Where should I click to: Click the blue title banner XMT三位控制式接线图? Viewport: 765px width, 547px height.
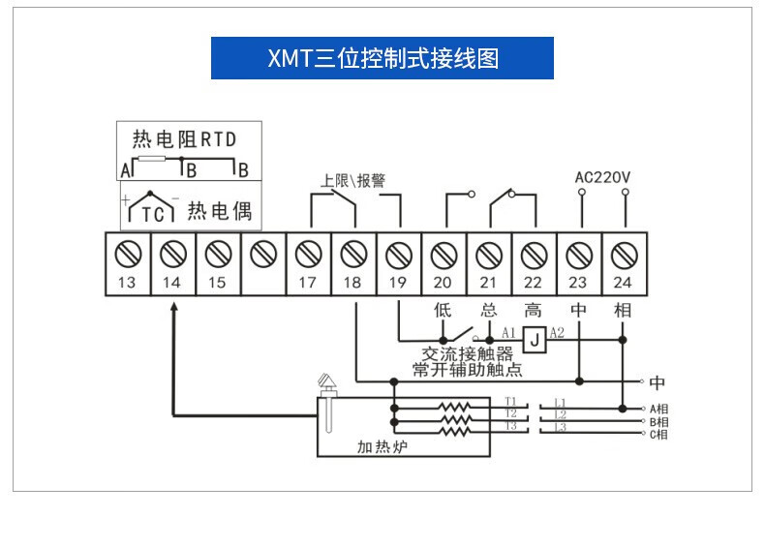pos(382,58)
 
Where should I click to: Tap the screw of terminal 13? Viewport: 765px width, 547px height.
pos(127,254)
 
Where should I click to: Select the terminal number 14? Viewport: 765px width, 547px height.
pos(171,283)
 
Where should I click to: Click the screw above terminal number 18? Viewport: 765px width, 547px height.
pos(352,254)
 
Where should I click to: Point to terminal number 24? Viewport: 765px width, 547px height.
pos(623,283)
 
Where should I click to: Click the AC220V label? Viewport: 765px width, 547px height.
pos(602,177)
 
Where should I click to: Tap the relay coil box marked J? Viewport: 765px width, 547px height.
pos(533,339)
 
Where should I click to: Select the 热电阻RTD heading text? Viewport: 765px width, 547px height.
pos(184,139)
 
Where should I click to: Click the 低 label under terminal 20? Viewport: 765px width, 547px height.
pos(443,311)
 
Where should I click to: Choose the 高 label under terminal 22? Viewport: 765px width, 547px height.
pos(533,311)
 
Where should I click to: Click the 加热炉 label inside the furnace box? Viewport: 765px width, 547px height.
pos(378,447)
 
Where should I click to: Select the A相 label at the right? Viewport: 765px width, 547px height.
pos(658,409)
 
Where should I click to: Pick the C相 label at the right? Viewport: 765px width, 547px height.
pos(658,435)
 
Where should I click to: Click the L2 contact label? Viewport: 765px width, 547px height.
pos(560,414)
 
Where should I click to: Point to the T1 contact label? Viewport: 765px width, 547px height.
pos(510,401)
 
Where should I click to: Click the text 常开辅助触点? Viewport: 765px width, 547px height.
pos(467,370)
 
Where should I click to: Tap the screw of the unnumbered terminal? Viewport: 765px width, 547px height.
pos(262,254)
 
